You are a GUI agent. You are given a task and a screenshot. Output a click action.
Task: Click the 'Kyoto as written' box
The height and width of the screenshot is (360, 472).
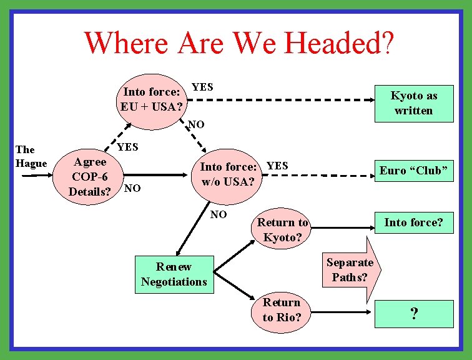[x=413, y=103]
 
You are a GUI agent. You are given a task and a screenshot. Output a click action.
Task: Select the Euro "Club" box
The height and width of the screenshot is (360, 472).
[x=414, y=171]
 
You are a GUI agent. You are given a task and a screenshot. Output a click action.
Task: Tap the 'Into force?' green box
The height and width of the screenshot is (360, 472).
[x=413, y=222]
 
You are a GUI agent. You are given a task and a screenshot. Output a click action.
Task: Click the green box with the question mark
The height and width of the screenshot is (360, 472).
[x=413, y=314]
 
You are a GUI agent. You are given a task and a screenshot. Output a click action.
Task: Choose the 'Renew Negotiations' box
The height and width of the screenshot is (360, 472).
[x=174, y=274]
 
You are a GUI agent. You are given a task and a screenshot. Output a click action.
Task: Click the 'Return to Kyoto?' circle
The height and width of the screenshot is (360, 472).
[x=282, y=229]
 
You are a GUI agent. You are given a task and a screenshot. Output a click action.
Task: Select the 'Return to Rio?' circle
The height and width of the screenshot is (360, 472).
[x=282, y=309]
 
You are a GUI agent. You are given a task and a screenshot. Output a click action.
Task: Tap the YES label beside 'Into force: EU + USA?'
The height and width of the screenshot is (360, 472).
[x=202, y=87]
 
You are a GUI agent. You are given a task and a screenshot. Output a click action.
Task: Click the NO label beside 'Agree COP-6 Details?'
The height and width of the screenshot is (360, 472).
[x=132, y=187]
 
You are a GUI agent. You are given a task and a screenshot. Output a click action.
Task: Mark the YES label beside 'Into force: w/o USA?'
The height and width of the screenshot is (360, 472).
[x=277, y=166]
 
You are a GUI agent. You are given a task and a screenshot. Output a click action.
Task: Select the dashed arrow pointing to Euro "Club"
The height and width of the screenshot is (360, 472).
[x=318, y=176]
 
